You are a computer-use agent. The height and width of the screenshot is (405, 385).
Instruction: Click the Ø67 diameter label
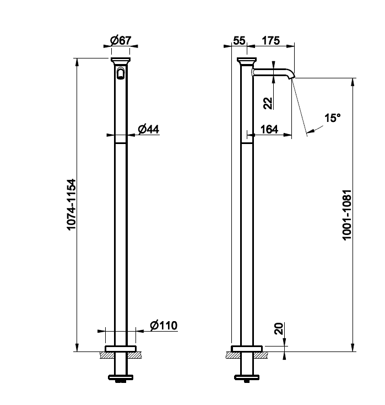[121, 40]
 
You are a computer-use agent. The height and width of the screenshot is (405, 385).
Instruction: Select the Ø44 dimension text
[149, 129]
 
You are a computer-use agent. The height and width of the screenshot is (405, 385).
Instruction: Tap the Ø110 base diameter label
[164, 326]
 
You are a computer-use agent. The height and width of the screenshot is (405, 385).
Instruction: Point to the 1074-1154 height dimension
[71, 204]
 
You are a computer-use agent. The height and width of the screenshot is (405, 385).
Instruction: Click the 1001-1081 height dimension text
[347, 215]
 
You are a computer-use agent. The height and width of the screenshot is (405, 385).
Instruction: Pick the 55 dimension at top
[239, 40]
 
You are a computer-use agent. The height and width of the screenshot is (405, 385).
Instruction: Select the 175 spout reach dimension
[271, 40]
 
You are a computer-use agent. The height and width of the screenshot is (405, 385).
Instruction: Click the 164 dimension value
[269, 129]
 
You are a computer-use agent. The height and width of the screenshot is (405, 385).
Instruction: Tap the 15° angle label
[332, 118]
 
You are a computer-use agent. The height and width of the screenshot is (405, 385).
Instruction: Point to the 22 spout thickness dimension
[268, 103]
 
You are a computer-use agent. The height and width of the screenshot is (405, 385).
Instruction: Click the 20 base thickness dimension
[279, 328]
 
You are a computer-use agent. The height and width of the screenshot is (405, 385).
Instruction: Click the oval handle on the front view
[121, 73]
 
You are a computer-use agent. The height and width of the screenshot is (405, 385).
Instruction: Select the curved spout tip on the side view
[291, 74]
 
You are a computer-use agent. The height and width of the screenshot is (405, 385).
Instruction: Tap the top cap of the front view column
[121, 61]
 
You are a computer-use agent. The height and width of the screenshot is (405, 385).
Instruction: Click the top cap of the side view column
[247, 61]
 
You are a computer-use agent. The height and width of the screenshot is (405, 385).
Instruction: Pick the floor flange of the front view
[121, 348]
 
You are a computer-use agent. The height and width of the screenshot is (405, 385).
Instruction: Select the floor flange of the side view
[247, 348]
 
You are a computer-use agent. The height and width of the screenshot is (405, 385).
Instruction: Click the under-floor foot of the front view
[121, 377]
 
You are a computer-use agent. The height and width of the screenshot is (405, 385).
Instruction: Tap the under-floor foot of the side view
[247, 377]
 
